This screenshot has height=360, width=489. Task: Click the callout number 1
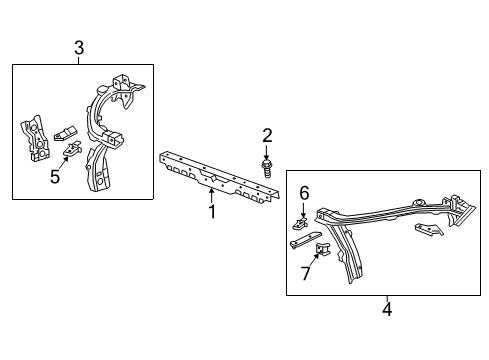pos(211,211)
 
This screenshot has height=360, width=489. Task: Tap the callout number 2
pos(267,135)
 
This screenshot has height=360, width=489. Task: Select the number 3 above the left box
pos(79,46)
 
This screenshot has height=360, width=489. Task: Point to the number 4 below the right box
pos(387,309)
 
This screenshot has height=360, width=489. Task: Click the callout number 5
pos(56,178)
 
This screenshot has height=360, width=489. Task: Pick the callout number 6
pos(305,192)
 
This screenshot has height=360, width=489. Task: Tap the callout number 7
pos(305,272)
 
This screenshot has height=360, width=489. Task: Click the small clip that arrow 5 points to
pos(73,151)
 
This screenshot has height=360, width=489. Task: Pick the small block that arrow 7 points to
pos(323,253)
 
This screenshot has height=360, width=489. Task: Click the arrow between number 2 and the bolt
pos(267,149)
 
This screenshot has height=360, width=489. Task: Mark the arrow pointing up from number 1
pos(211,197)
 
